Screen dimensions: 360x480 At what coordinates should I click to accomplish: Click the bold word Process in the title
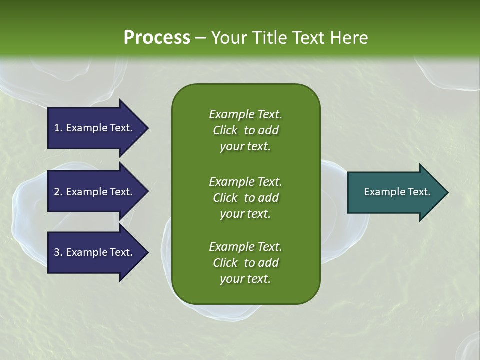[x=157, y=38]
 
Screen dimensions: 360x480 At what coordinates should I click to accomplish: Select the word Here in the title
[x=349, y=38]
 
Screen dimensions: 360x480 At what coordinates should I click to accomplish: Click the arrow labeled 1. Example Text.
[x=95, y=128]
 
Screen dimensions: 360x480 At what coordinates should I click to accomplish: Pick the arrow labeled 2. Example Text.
[x=95, y=192]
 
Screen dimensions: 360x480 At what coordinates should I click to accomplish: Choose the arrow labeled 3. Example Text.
[x=95, y=252]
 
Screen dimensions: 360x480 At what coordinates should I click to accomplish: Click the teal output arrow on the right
[x=395, y=192]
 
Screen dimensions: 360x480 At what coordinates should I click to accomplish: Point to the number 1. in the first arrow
[x=58, y=128]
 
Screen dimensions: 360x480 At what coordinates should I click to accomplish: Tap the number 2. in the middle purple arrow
[x=58, y=192]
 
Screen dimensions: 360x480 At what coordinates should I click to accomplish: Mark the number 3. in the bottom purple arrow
[x=58, y=252]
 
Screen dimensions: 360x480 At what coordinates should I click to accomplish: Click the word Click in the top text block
[x=225, y=130]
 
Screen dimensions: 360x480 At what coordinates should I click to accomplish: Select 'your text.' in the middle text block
[x=245, y=214]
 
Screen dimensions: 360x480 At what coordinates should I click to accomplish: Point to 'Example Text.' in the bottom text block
[x=245, y=247]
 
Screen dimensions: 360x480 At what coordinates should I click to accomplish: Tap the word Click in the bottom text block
[x=225, y=263]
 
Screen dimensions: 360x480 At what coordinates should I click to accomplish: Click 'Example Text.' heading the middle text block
[x=245, y=181]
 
